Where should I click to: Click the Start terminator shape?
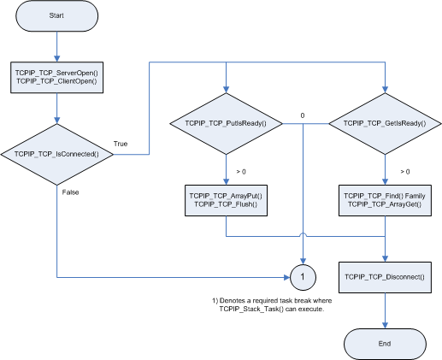click(56, 15)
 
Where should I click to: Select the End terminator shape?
click(385, 344)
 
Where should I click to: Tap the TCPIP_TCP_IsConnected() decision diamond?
click(57, 155)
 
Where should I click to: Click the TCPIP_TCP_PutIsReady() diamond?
click(226, 124)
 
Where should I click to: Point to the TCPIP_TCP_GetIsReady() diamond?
click(385, 124)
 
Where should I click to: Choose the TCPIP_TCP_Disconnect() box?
click(385, 277)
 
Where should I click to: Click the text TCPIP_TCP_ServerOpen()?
click(56, 74)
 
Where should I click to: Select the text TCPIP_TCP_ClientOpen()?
click(56, 81)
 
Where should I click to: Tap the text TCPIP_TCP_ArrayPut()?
click(226, 196)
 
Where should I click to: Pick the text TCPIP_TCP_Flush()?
click(226, 204)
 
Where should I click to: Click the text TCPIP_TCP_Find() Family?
click(385, 196)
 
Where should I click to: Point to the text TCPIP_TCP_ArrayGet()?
click(385, 204)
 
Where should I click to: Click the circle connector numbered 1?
click(303, 277)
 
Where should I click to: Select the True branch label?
click(121, 144)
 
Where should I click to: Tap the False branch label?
click(70, 192)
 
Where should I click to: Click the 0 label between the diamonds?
click(303, 115)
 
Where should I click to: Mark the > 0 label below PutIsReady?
click(241, 172)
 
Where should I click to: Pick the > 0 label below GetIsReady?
click(405, 172)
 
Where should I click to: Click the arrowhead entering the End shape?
click(385, 326)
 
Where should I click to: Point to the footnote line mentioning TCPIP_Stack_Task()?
click(272, 309)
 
